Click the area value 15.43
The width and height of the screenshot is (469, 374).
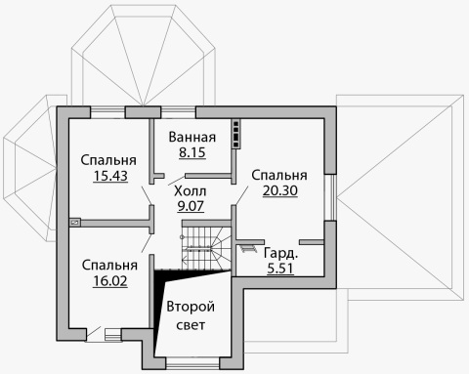click(x=110, y=176)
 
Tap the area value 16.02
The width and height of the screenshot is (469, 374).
click(x=110, y=281)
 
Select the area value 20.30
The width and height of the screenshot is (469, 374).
click(x=280, y=190)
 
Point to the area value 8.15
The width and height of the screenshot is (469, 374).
click(x=192, y=152)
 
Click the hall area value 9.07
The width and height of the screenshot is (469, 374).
click(x=191, y=206)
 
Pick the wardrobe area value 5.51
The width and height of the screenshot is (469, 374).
click(x=280, y=269)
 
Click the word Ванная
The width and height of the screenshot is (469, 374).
click(x=192, y=137)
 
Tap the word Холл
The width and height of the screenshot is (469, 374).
click(x=191, y=191)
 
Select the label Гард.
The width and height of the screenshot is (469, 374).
click(x=280, y=254)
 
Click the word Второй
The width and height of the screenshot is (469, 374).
click(x=191, y=307)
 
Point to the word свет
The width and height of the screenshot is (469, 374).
click(x=191, y=325)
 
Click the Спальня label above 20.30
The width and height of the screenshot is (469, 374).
click(x=279, y=175)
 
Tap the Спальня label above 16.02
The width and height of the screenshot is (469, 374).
click(x=109, y=266)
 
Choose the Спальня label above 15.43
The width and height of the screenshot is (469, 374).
click(x=108, y=160)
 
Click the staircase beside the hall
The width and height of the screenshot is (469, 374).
click(x=206, y=248)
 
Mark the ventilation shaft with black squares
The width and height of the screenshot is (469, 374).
click(x=236, y=134)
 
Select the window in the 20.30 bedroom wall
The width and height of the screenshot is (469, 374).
click(x=330, y=197)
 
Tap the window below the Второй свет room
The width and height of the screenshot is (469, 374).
click(x=192, y=363)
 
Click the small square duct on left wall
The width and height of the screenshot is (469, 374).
click(x=74, y=223)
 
